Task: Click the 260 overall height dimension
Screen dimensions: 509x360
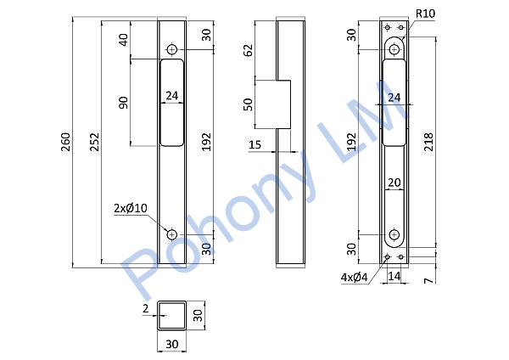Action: pos(65,142)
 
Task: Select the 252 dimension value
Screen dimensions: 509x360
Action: pos(94,142)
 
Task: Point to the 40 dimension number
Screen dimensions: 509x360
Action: pos(124,40)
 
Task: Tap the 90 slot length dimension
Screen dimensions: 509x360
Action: pos(124,103)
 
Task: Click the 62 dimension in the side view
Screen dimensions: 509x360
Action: pos(248,50)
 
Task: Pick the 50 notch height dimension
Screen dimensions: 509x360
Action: pos(248,104)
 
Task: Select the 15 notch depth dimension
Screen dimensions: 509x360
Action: pos(255,144)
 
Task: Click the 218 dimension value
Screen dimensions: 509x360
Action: pos(428,142)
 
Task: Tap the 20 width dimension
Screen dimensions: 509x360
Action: pos(394,183)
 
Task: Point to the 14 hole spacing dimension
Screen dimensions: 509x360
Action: pos(394,276)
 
